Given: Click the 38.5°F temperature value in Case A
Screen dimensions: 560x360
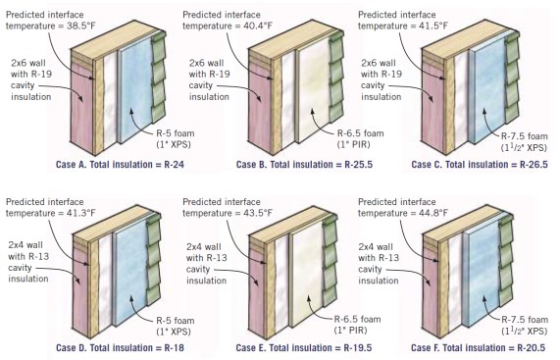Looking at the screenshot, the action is [x=81, y=26].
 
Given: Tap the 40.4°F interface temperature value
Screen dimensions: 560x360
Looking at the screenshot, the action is [x=258, y=26].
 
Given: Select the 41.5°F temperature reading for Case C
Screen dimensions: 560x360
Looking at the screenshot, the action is [x=433, y=26].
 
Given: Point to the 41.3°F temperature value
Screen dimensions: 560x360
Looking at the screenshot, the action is [x=81, y=213].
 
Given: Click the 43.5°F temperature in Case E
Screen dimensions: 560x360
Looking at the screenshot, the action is [x=258, y=213].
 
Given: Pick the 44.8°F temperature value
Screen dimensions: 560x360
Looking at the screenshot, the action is [x=433, y=213].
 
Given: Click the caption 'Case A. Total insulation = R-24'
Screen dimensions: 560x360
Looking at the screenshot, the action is [x=120, y=165].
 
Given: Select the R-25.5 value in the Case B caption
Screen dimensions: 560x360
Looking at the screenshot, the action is [x=359, y=165].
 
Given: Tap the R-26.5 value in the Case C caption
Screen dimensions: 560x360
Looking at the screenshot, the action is [x=534, y=165].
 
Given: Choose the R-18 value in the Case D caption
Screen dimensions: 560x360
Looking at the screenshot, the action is [x=174, y=348].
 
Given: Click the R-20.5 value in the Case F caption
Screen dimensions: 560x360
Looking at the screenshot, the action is [x=532, y=348].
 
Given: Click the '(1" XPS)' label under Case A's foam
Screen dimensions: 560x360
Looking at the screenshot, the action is [x=174, y=144].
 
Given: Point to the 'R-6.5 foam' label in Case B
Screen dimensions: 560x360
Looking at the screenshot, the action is [x=361, y=133].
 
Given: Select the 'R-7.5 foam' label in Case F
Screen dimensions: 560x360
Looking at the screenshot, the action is [x=525, y=319].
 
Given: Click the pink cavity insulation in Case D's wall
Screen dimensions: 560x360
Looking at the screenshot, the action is [x=80, y=289].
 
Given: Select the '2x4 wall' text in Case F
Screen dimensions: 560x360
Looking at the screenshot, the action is [x=376, y=247].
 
